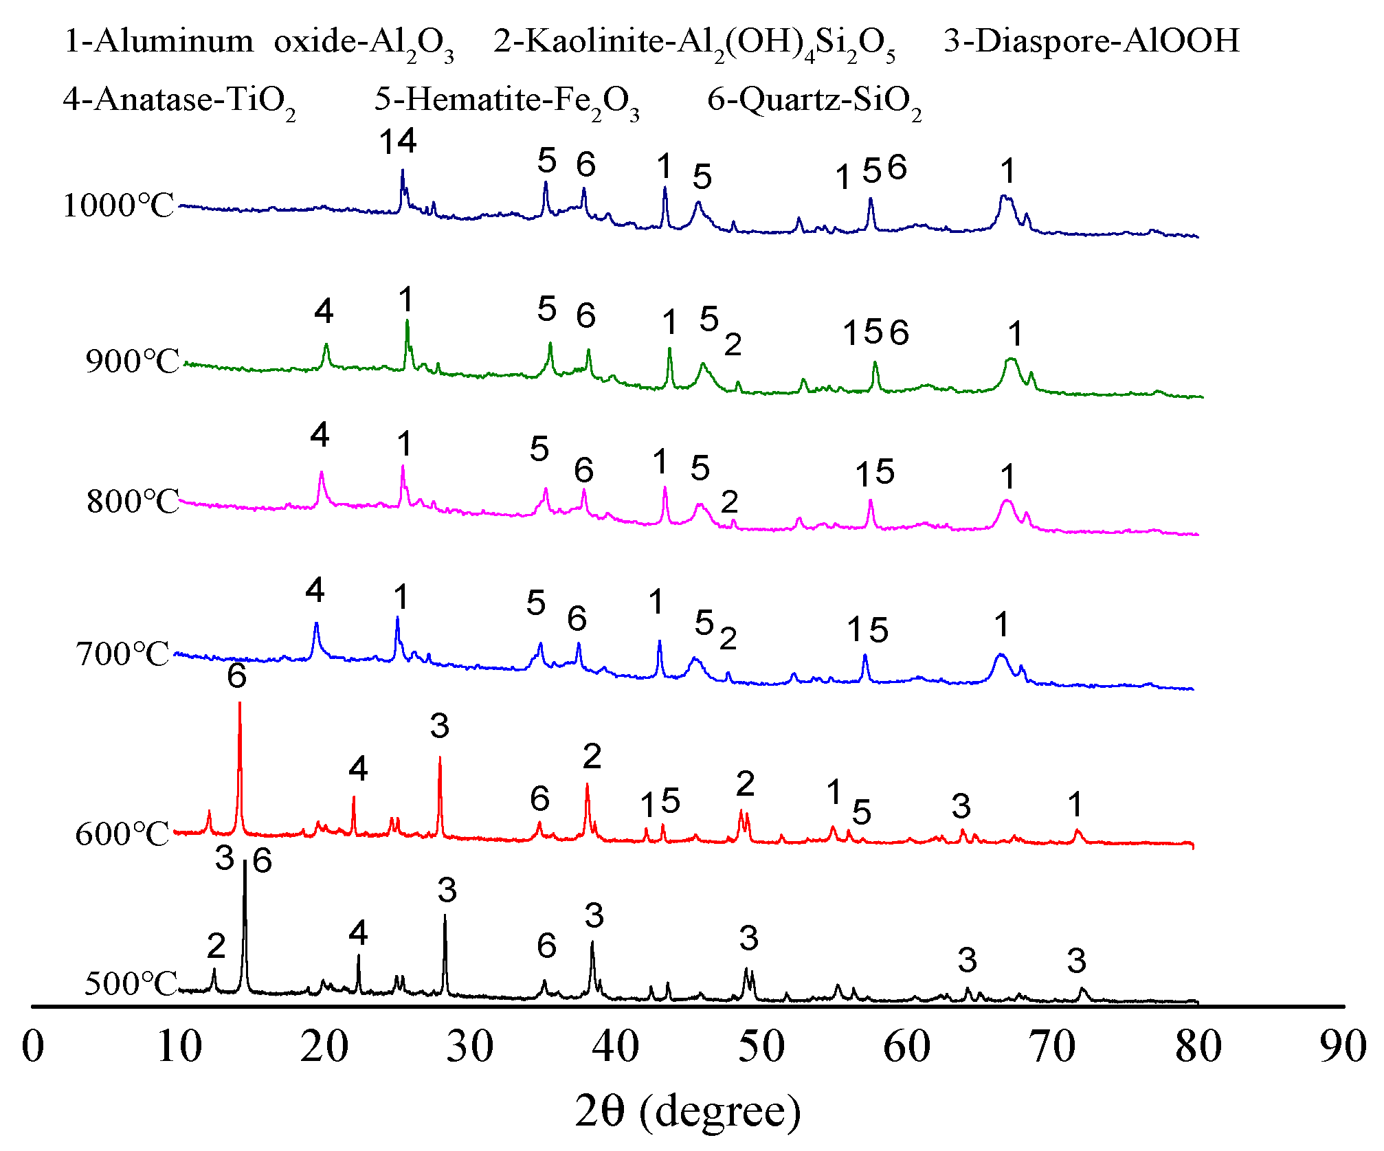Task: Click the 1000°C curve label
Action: (x=118, y=205)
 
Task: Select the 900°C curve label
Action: (x=132, y=361)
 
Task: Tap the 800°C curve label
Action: (x=133, y=502)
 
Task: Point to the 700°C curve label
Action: (x=122, y=654)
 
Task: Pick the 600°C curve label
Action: (x=122, y=834)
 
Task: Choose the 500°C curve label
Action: (x=131, y=984)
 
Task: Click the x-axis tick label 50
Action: (x=761, y=1047)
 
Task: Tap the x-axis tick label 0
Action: (x=33, y=1047)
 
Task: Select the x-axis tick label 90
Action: (x=1343, y=1047)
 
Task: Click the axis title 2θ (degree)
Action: (x=688, y=1112)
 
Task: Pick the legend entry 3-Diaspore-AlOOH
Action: (x=1091, y=41)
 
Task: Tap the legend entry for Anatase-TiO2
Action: (x=179, y=101)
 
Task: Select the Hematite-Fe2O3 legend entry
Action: (x=506, y=101)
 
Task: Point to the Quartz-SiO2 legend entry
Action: (x=814, y=101)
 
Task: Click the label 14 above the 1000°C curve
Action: (x=398, y=142)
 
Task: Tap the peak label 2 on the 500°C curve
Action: (x=216, y=946)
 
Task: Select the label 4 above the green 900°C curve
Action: (x=324, y=311)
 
